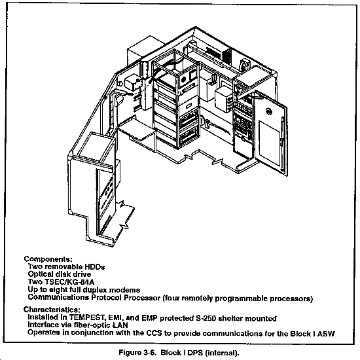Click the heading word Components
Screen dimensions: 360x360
point(48,259)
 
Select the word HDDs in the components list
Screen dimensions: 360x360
point(95,267)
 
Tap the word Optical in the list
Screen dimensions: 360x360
point(41,274)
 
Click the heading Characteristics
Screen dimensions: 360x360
point(52,310)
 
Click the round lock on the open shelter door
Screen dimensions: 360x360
point(268,111)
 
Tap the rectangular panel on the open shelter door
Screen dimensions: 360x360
point(269,143)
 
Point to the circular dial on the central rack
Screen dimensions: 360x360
point(183,80)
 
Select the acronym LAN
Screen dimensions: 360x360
point(120,325)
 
